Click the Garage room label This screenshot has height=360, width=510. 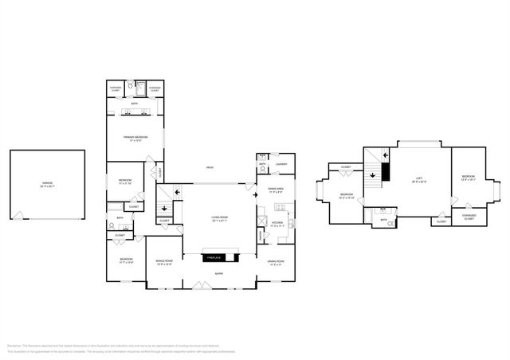[x=48, y=184]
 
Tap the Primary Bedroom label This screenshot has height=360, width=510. [x=136, y=138]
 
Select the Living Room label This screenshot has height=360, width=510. [x=218, y=221]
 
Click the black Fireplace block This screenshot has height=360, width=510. [x=213, y=258]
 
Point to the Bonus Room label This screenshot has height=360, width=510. [x=165, y=261]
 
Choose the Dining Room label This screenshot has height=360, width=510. [x=275, y=262]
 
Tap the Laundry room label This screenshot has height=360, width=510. [x=281, y=165]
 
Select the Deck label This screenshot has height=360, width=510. [x=210, y=167]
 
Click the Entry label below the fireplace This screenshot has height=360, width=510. [x=218, y=275]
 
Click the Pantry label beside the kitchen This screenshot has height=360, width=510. [x=261, y=236]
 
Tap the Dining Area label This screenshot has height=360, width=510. [x=276, y=190]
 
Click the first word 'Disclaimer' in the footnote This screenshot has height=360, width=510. [x=14, y=346]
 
